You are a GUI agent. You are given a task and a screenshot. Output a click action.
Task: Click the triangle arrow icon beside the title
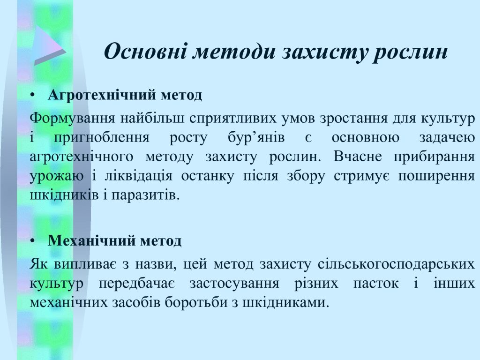(x=49, y=46)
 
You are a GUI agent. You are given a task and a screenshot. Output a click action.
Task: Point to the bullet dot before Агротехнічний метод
(x=33, y=96)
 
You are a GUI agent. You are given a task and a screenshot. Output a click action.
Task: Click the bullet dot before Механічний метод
(x=33, y=241)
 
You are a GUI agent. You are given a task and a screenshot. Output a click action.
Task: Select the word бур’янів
(x=256, y=138)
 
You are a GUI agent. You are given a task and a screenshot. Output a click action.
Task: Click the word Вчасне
(x=358, y=157)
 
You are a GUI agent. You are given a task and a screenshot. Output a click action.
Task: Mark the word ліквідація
(x=138, y=176)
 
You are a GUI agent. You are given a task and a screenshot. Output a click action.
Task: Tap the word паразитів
(x=145, y=195)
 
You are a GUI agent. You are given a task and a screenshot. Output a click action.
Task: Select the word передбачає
(x=136, y=284)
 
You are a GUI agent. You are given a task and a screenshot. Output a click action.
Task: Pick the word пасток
(x=376, y=284)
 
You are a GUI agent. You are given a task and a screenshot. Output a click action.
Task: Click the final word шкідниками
(x=286, y=302)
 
